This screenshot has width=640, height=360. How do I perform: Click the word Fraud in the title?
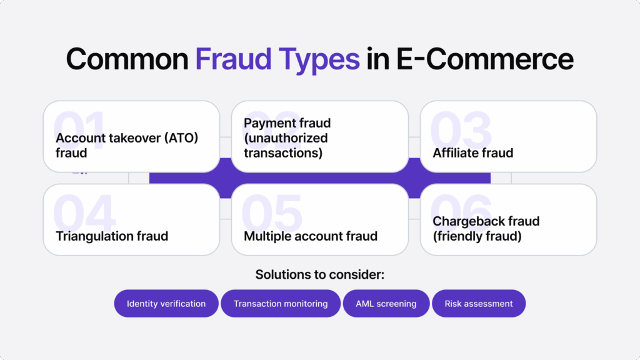pos(233,59)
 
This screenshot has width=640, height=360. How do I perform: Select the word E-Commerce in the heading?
pos(485,59)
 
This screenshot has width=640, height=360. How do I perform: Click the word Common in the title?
pos(127,59)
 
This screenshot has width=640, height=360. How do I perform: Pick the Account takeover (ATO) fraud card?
pos(131,137)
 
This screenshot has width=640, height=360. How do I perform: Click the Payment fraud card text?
pos(287,138)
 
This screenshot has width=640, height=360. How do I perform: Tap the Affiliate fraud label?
pos(472,153)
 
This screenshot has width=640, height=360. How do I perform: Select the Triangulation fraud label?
pos(112,236)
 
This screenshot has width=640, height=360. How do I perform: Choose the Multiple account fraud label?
pos(310,236)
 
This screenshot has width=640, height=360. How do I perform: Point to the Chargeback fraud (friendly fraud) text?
pos(486,229)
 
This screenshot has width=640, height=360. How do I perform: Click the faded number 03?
pos(461,130)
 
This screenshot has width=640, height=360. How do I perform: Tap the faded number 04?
pos(84,212)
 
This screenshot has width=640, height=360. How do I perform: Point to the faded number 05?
pos(272,212)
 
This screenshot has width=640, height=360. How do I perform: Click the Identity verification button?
pos(166,303)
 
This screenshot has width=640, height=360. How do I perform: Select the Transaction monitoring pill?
pos(281,303)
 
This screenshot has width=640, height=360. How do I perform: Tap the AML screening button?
pos(386,303)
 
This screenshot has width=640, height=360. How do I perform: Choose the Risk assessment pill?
pos(479,303)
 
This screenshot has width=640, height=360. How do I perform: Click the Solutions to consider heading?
pos(319,274)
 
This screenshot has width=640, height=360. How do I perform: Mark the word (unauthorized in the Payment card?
pos(286,138)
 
